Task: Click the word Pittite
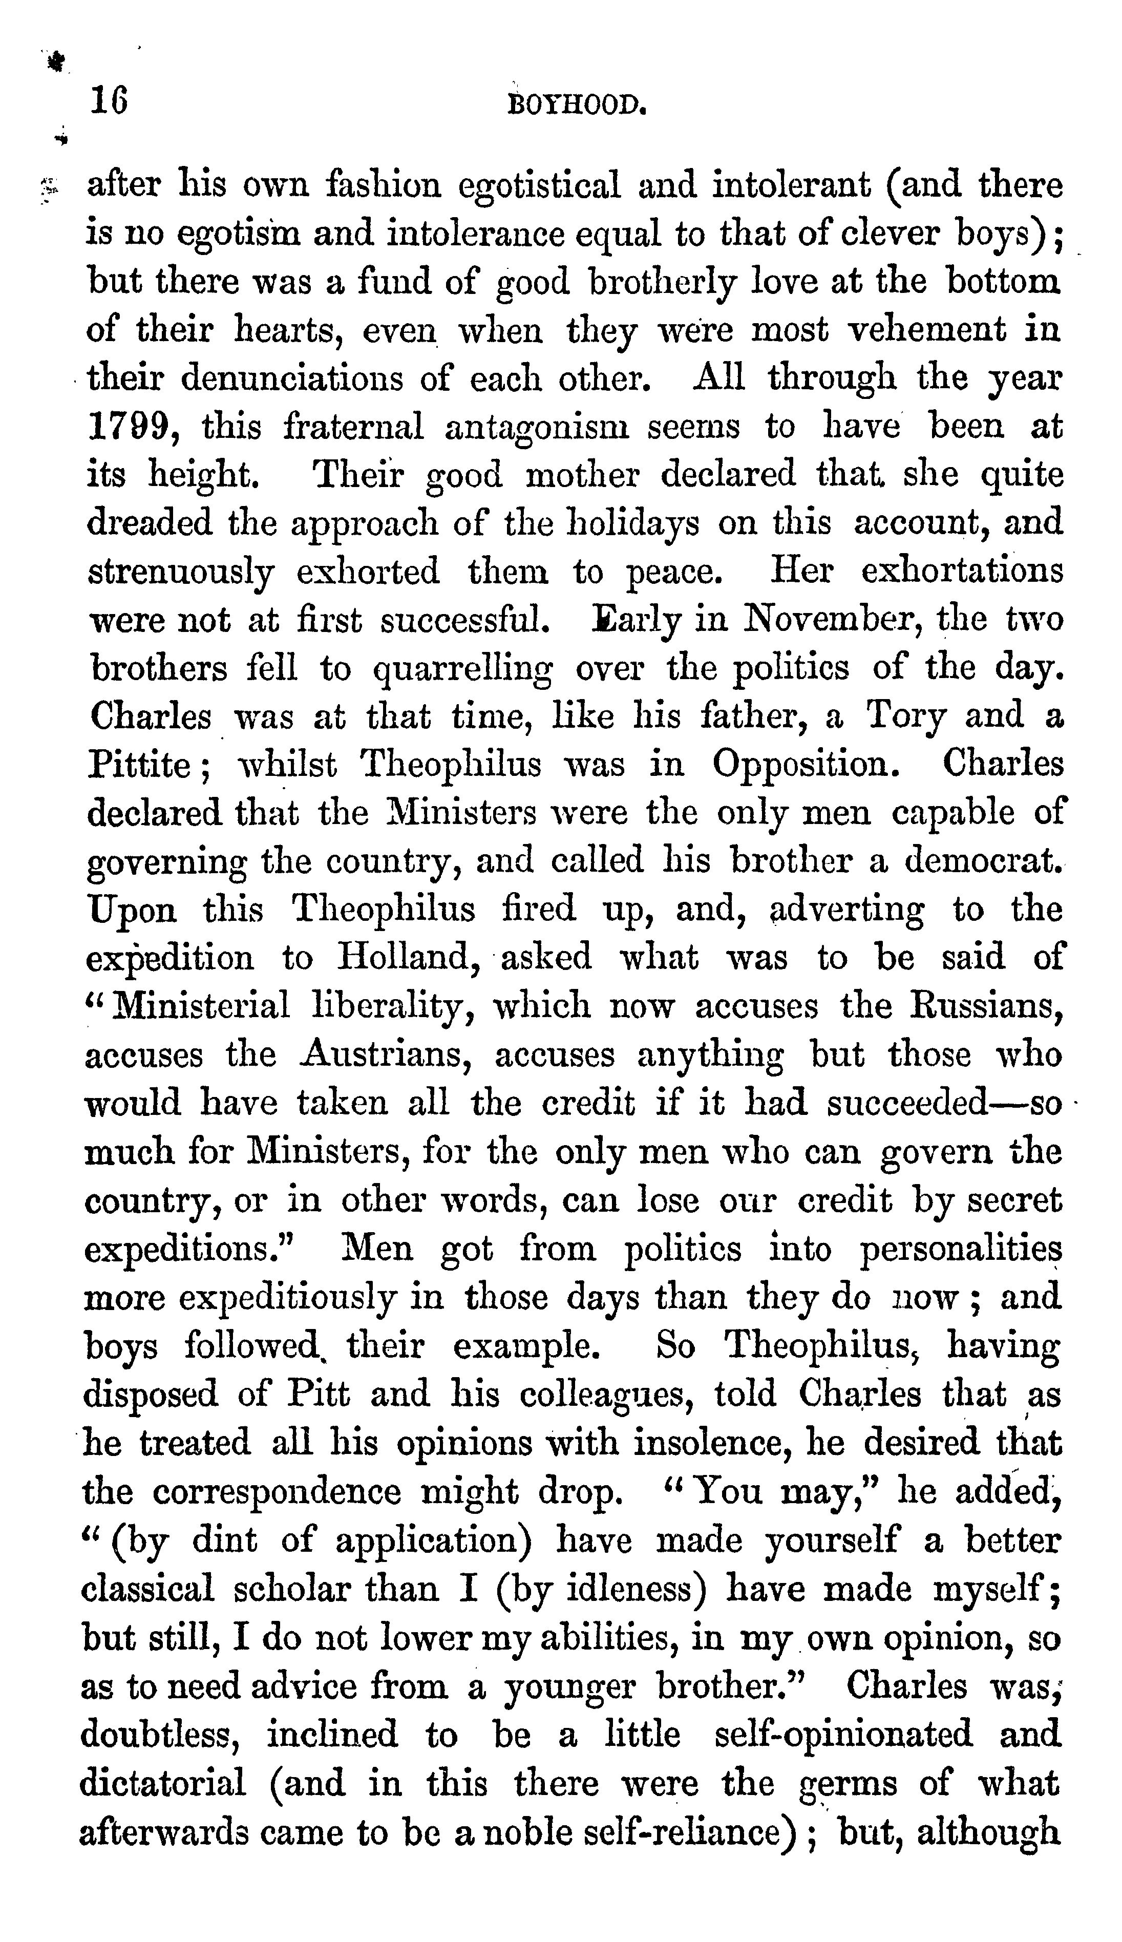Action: click(139, 765)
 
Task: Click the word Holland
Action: click(404, 958)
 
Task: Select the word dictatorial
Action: click(163, 1783)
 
